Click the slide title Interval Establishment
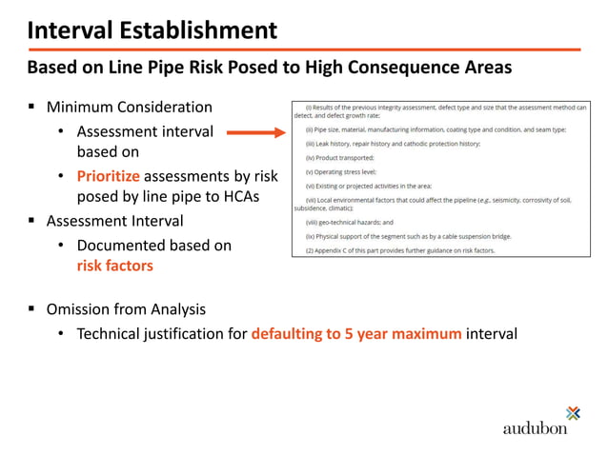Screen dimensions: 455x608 152,30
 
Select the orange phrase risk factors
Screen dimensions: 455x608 114,266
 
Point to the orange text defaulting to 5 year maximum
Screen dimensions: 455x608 356,334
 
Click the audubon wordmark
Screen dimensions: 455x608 535,427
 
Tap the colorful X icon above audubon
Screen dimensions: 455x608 572,412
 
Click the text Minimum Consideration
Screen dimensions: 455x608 130,107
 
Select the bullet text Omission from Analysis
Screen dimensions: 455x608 126,309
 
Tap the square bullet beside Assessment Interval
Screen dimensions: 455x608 32,221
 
